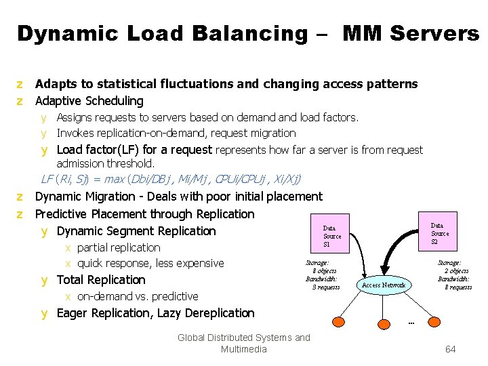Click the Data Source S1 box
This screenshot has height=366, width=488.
click(331, 236)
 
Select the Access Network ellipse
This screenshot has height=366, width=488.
click(384, 285)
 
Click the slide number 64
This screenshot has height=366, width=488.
click(450, 350)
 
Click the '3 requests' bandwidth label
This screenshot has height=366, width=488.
click(325, 287)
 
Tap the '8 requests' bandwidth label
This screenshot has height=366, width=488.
click(458, 287)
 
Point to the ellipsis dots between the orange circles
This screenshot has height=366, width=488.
click(411, 323)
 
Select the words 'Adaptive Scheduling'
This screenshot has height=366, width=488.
click(89, 101)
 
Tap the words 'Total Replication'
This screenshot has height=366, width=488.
click(101, 280)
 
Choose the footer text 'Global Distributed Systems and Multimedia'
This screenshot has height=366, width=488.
click(243, 343)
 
